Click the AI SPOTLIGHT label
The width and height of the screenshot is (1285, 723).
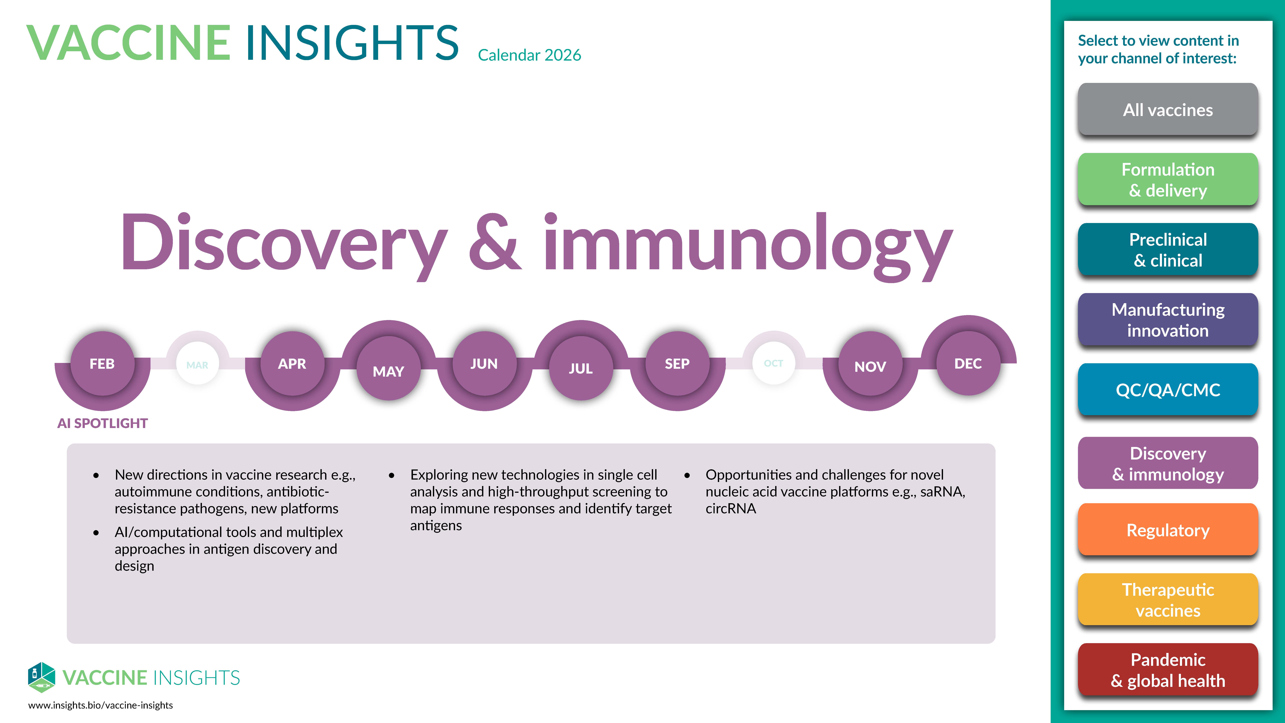tap(103, 423)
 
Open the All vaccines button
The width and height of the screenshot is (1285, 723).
tap(1168, 109)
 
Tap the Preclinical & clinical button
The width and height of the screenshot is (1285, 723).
tap(1168, 250)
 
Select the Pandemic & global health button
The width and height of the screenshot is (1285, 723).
tap(1168, 670)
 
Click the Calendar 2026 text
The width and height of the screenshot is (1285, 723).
tap(529, 55)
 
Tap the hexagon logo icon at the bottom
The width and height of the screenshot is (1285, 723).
tap(41, 677)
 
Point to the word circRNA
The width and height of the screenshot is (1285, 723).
tap(731, 509)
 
